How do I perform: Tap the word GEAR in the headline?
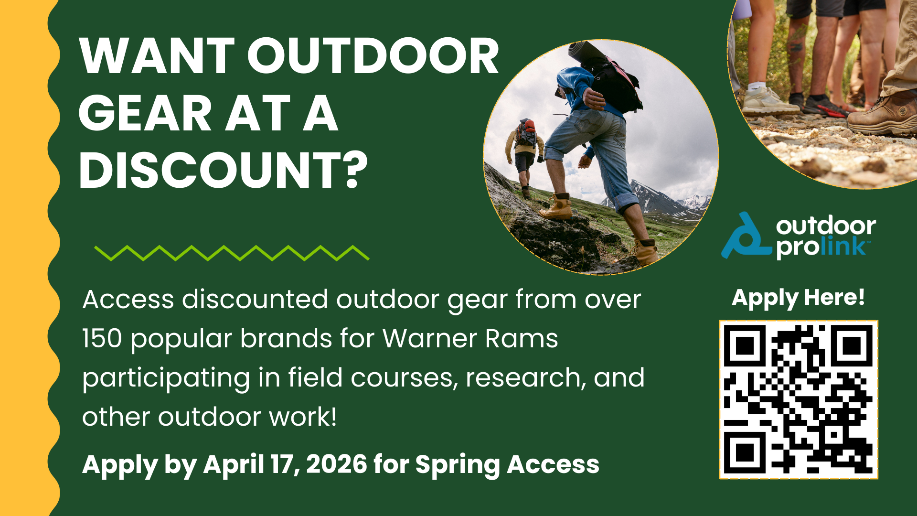pyautogui.click(x=145, y=113)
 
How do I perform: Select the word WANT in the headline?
pyautogui.click(x=157, y=56)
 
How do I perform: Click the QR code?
pyautogui.click(x=799, y=399)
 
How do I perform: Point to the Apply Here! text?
pyautogui.click(x=798, y=298)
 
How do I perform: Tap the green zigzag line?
pyautogui.click(x=232, y=253)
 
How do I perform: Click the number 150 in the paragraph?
pyautogui.click(x=102, y=338)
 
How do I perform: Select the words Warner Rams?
pyautogui.click(x=470, y=338)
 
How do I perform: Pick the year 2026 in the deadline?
pyautogui.click(x=337, y=464)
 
